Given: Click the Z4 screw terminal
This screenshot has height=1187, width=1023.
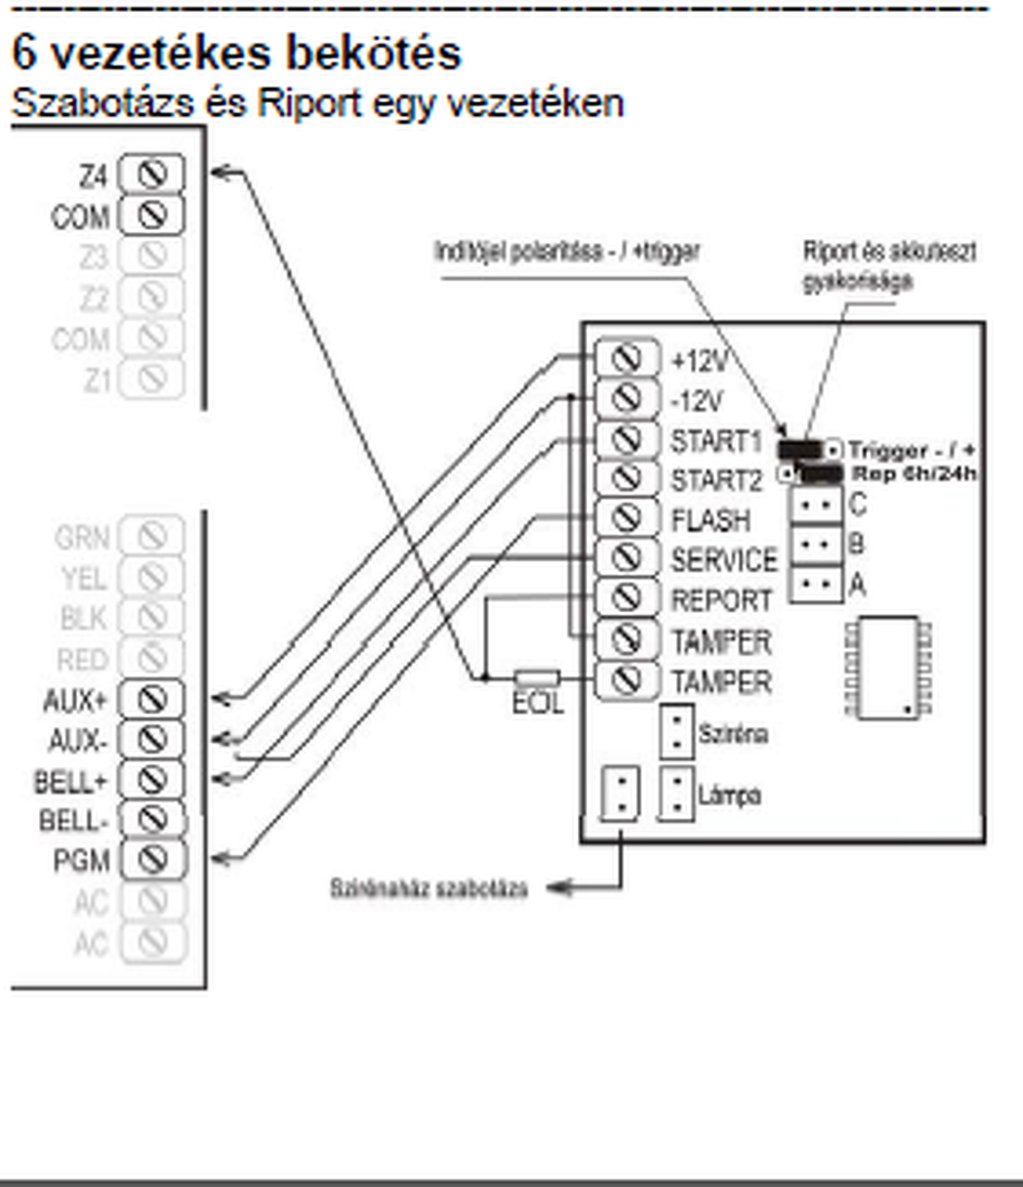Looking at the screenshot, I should (x=151, y=173).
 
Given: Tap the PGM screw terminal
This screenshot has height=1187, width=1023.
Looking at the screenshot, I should (x=151, y=860).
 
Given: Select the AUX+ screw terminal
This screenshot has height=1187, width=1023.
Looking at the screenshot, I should (x=151, y=698).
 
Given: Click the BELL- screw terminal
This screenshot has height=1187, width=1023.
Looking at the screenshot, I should (x=151, y=820).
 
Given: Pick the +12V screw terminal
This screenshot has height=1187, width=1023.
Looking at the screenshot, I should (x=627, y=358).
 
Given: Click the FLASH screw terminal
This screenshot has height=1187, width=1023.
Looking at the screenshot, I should (x=627, y=517).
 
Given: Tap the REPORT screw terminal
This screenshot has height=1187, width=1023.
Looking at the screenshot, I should (x=627, y=598).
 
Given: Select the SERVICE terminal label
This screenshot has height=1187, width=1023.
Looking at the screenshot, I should (x=723, y=560).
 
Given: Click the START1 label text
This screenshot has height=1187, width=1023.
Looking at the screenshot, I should (x=716, y=441).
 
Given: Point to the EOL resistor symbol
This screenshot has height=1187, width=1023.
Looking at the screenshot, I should (x=537, y=678).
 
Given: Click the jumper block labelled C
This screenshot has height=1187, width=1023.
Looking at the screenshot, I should (x=816, y=505).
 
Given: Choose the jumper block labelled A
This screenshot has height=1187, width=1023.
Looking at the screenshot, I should (x=816, y=584).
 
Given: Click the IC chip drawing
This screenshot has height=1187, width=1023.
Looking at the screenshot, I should (x=889, y=668).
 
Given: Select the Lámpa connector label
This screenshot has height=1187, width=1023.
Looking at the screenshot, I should (x=730, y=796).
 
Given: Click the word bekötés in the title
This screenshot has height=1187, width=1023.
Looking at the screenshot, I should (x=373, y=53).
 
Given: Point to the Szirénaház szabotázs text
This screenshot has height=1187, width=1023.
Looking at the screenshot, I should (x=429, y=888).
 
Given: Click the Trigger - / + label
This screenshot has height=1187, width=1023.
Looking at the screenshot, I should (x=912, y=451).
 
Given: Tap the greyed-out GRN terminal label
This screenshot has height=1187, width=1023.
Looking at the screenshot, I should (x=82, y=537).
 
